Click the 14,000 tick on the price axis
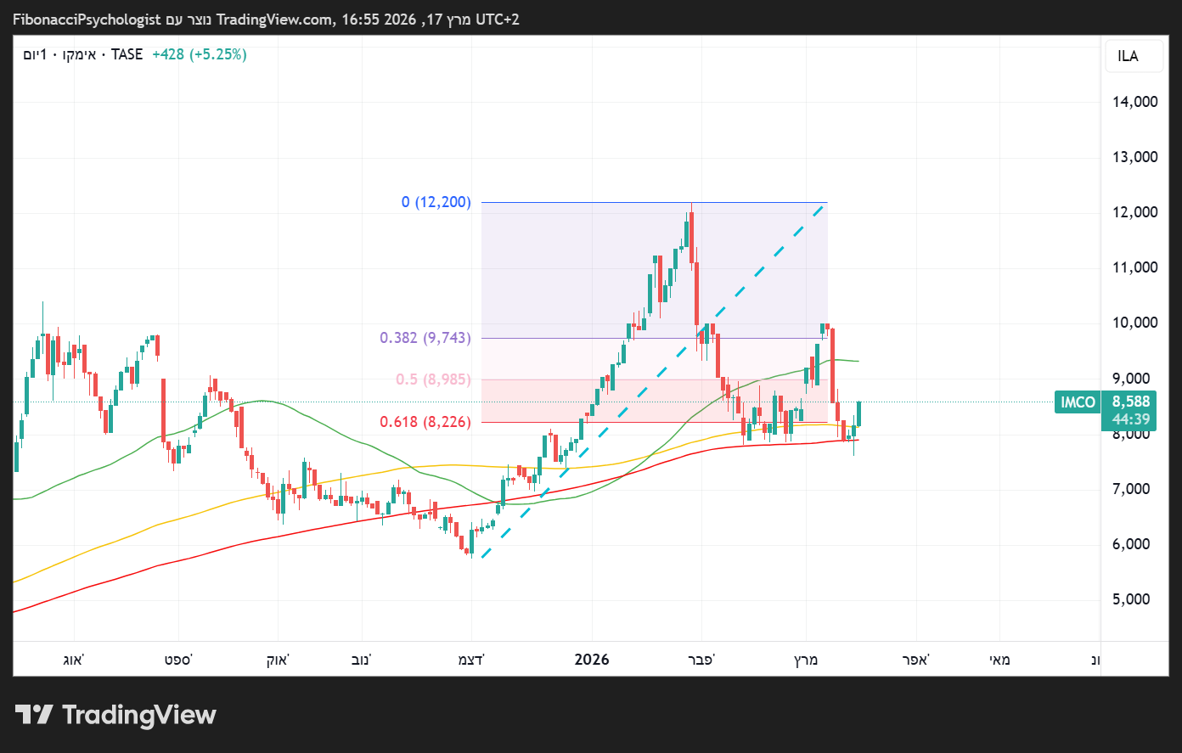click(x=1134, y=102)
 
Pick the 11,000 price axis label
click(x=1134, y=267)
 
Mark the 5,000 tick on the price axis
click(x=1131, y=599)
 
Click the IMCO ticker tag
click(x=1078, y=402)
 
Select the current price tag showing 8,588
click(x=1131, y=402)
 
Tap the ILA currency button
click(x=1128, y=56)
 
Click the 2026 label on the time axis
click(x=592, y=660)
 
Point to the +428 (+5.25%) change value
click(x=200, y=54)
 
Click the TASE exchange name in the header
click(x=127, y=54)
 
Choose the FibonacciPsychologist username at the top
click(x=87, y=19)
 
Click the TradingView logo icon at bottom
click(x=34, y=715)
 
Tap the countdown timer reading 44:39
click(x=1131, y=419)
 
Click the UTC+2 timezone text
click(x=497, y=19)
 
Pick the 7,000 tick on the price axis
click(x=1131, y=489)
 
